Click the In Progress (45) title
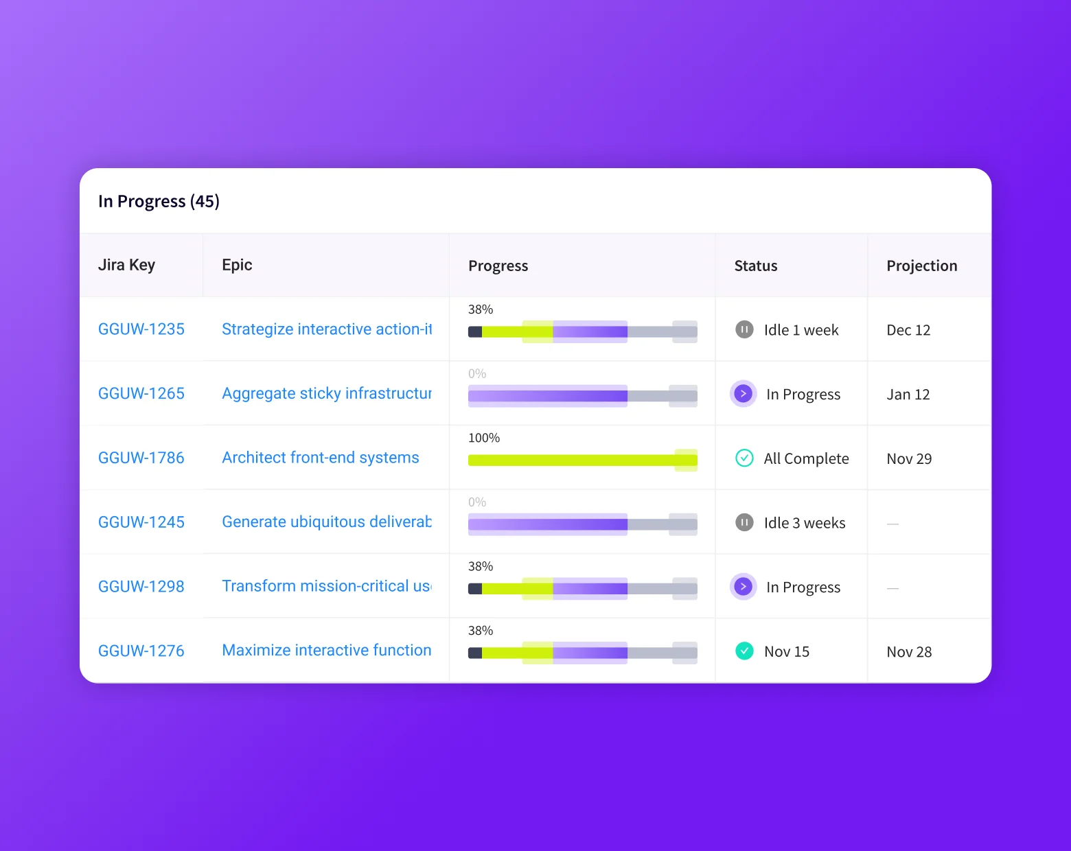coord(159,201)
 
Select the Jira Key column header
coord(126,265)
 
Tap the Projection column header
coord(921,266)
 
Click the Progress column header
coord(498,266)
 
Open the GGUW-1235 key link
coord(141,329)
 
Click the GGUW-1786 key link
coord(141,458)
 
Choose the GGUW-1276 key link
coord(141,651)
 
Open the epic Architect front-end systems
coord(321,458)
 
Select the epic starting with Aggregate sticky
coord(327,393)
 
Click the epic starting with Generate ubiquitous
coord(327,522)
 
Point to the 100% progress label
coord(484,438)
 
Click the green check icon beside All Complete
coord(744,458)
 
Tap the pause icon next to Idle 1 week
coord(744,329)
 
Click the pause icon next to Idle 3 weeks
coord(744,522)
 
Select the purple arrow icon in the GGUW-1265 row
coord(743,394)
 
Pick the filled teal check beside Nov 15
coord(744,651)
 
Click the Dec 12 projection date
coord(908,330)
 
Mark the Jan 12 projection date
coord(908,395)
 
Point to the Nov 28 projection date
coord(909,652)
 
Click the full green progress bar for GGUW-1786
coord(582,460)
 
